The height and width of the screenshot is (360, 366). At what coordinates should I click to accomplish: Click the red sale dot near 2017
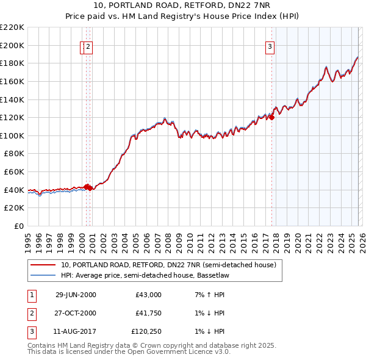[x=271, y=118]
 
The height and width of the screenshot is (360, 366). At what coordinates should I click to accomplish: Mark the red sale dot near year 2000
[x=87, y=187]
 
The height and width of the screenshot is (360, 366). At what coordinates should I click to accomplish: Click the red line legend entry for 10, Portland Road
[x=168, y=265]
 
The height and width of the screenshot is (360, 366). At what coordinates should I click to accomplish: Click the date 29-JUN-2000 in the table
[x=76, y=295]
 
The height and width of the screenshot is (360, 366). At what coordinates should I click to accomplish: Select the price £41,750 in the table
[x=148, y=313]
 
